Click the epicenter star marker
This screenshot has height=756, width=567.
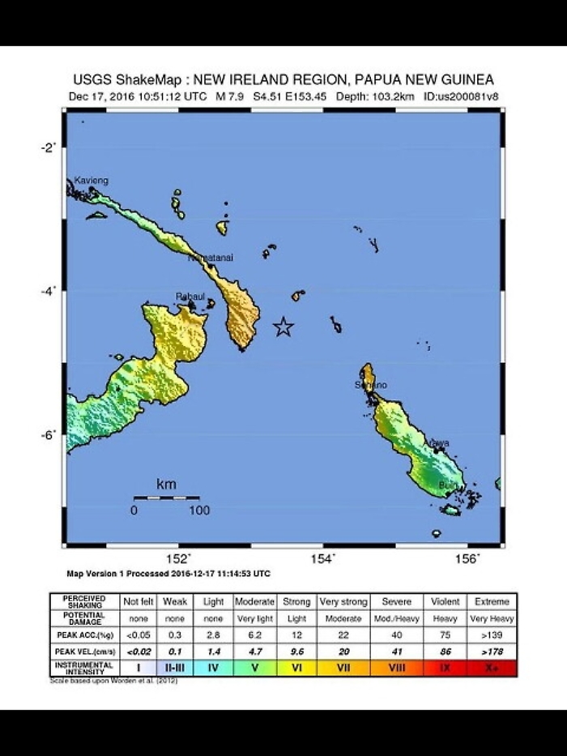(x=283, y=327)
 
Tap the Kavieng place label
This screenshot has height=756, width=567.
(x=91, y=180)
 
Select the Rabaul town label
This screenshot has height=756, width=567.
(x=190, y=297)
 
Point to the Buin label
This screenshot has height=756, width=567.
(x=447, y=485)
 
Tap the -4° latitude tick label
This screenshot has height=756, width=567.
(x=49, y=291)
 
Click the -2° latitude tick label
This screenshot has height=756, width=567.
(x=49, y=147)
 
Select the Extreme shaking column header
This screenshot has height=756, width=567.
(x=492, y=602)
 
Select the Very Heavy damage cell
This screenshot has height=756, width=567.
(x=492, y=617)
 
